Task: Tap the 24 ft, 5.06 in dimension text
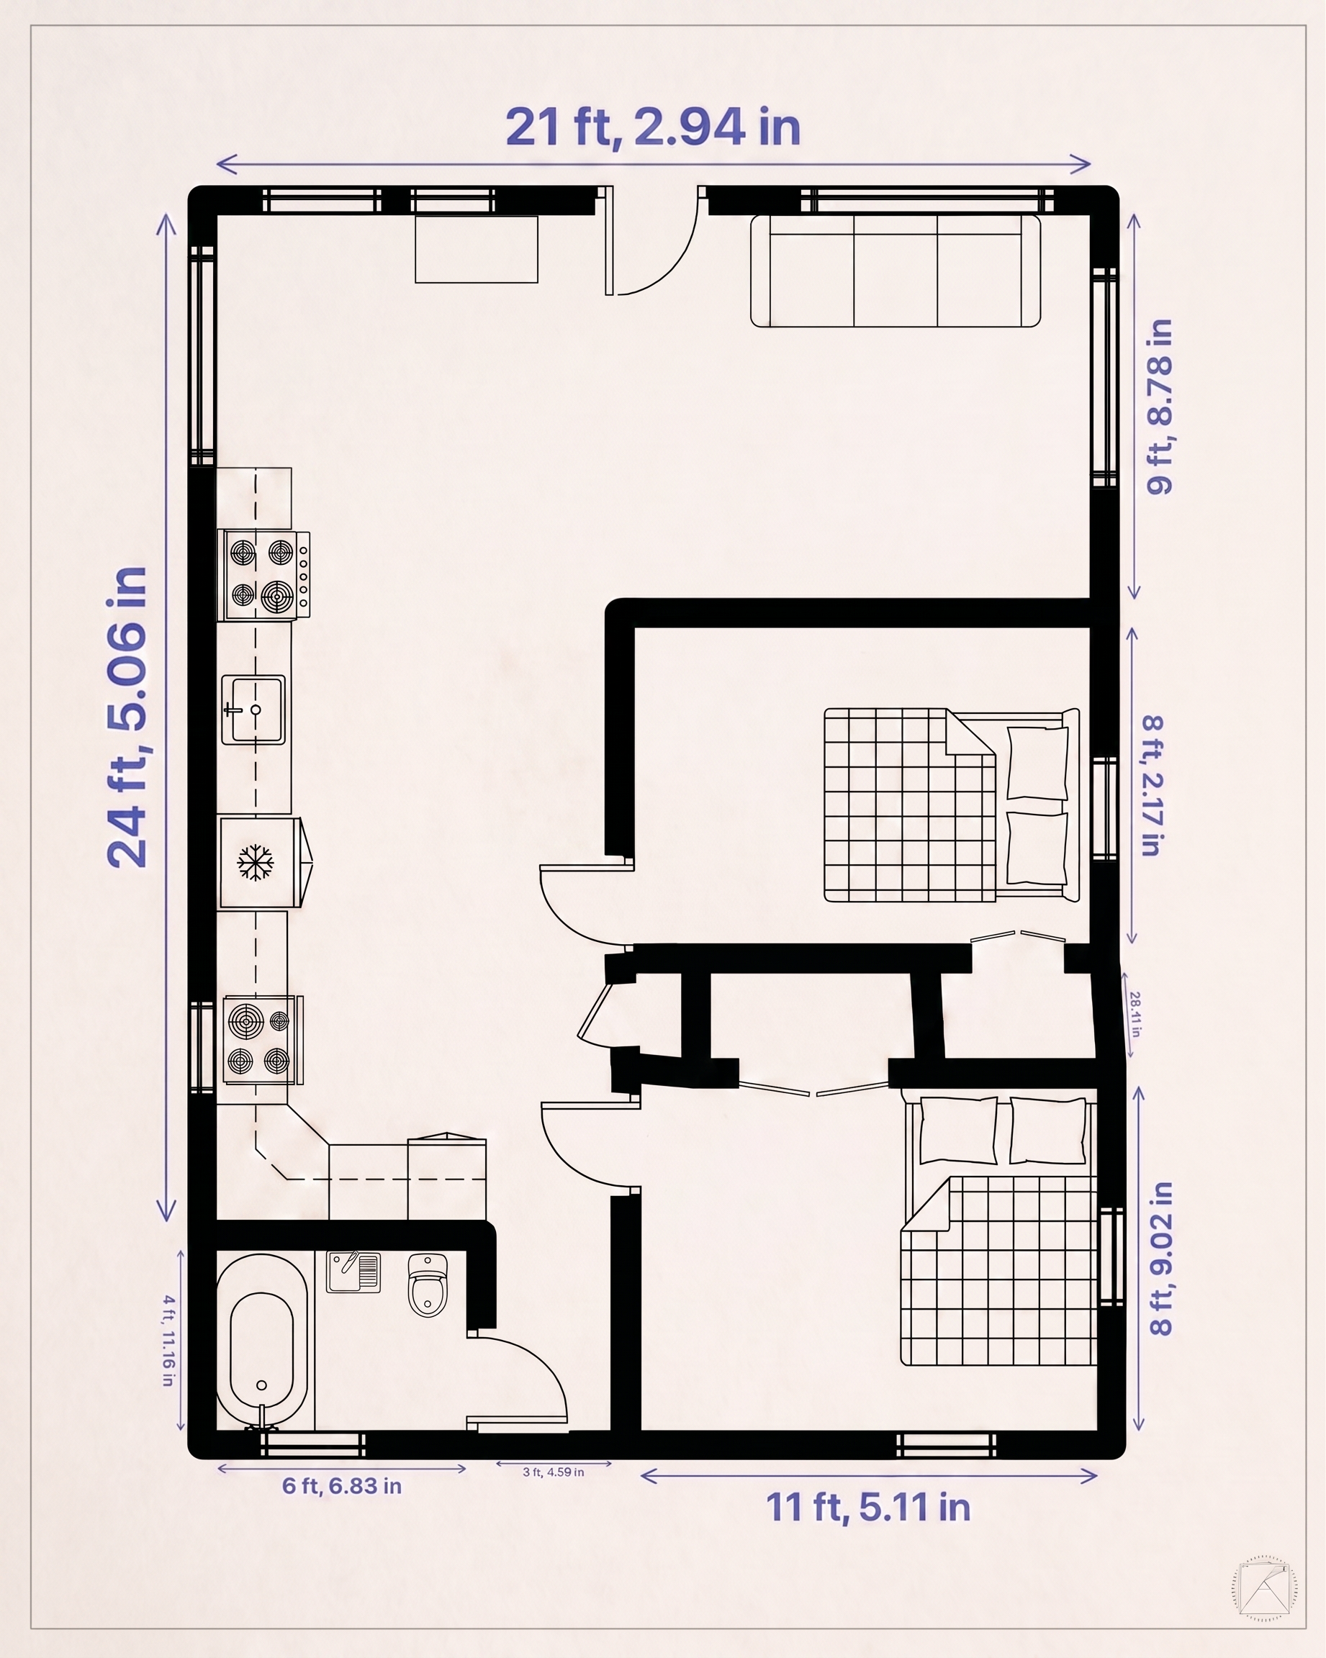pyautogui.click(x=127, y=717)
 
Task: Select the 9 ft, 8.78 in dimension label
pyautogui.click(x=1159, y=407)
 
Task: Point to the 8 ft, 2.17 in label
pyautogui.click(x=1153, y=785)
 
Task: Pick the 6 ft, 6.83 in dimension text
pyautogui.click(x=341, y=1486)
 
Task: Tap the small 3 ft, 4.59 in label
pyautogui.click(x=553, y=1472)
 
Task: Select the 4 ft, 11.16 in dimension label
pyautogui.click(x=168, y=1341)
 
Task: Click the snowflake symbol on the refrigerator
pyautogui.click(x=255, y=862)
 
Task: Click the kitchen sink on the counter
pyautogui.click(x=253, y=710)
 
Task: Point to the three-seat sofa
pyautogui.click(x=896, y=271)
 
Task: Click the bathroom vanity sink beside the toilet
pyautogui.click(x=353, y=1272)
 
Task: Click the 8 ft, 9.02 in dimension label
pyautogui.click(x=1159, y=1259)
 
